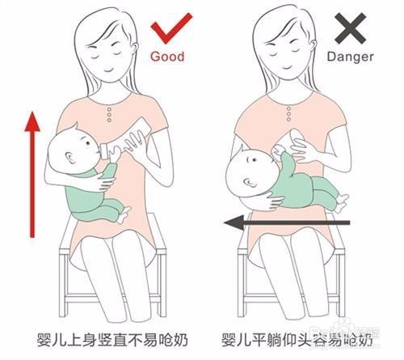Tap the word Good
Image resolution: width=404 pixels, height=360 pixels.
(x=167, y=57)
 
